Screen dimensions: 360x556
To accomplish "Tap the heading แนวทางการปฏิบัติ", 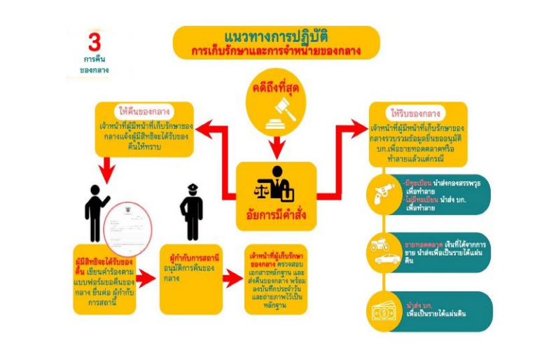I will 276,36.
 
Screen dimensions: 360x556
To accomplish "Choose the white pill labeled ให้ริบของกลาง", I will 416,113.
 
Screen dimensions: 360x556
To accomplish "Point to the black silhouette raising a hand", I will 96,209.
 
